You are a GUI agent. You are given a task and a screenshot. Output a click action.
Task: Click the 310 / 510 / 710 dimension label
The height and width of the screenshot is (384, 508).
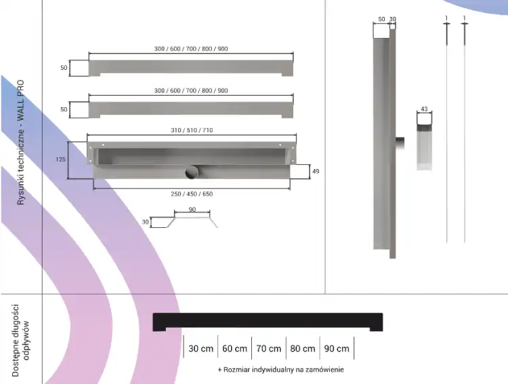click(x=192, y=130)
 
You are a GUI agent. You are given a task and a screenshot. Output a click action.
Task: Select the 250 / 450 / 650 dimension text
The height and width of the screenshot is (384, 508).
click(x=192, y=194)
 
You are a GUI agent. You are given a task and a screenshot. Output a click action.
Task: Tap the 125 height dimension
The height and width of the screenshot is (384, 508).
click(x=60, y=159)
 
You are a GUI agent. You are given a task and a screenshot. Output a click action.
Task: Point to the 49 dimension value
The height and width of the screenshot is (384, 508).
click(x=316, y=171)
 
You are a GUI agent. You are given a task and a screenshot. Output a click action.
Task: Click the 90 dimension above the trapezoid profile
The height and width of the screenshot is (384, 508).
click(x=192, y=210)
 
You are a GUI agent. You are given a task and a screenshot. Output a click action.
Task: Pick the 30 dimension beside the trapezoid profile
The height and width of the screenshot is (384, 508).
click(x=145, y=222)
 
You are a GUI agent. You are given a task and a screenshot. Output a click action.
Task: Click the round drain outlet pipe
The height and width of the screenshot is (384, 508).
click(x=192, y=172)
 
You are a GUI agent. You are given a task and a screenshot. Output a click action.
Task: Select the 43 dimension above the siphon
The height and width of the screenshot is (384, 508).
click(x=424, y=109)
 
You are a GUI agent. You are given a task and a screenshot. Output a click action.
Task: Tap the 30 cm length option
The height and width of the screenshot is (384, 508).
click(x=201, y=349)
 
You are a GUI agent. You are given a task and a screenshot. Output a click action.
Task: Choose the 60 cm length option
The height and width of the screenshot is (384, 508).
click(x=234, y=349)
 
